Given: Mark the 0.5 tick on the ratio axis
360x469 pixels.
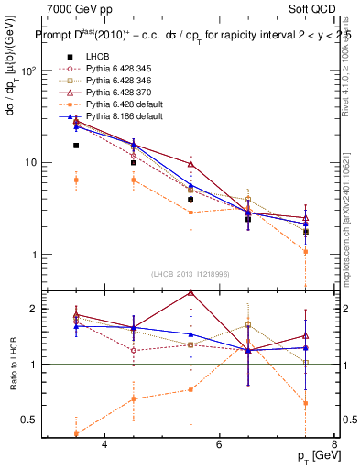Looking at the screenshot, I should point(30,420).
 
